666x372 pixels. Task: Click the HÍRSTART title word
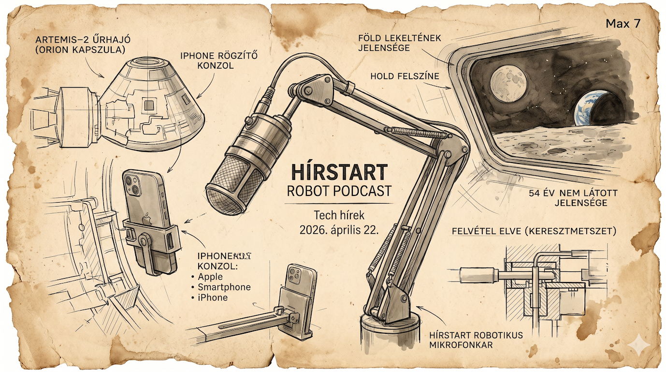click(x=339, y=172)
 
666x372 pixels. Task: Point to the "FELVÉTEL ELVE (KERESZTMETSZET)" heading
click(x=533, y=231)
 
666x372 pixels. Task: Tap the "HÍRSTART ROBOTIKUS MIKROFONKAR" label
click(x=476, y=340)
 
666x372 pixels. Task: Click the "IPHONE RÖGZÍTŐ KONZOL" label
click(x=218, y=60)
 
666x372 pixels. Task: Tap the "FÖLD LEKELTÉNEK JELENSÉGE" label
click(x=399, y=43)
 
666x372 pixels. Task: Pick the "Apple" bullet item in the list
click(x=210, y=277)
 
